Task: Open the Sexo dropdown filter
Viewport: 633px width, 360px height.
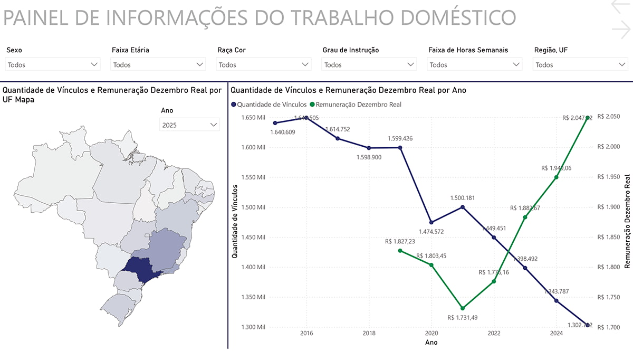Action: [x=53, y=65]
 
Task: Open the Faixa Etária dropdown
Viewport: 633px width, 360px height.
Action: [x=158, y=65]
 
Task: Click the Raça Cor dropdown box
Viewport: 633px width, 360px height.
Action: [x=264, y=65]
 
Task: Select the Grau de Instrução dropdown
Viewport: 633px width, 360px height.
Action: [x=369, y=65]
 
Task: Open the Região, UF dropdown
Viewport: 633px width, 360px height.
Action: [x=580, y=65]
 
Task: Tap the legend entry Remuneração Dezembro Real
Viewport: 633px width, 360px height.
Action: [x=356, y=105]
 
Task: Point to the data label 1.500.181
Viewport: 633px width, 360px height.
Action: [x=463, y=198]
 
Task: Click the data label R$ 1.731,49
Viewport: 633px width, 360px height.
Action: [x=462, y=318]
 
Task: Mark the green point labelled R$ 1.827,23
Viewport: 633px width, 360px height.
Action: [x=400, y=251]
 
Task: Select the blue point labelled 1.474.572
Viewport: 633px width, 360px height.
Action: [x=431, y=222]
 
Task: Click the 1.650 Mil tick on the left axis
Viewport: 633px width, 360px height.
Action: [x=254, y=118]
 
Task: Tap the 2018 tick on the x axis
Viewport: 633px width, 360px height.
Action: [x=369, y=334]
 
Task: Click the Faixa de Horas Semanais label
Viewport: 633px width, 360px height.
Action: [x=468, y=50]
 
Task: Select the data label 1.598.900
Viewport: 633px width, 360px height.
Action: [x=369, y=157]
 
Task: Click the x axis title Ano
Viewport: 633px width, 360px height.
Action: [x=431, y=343]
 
